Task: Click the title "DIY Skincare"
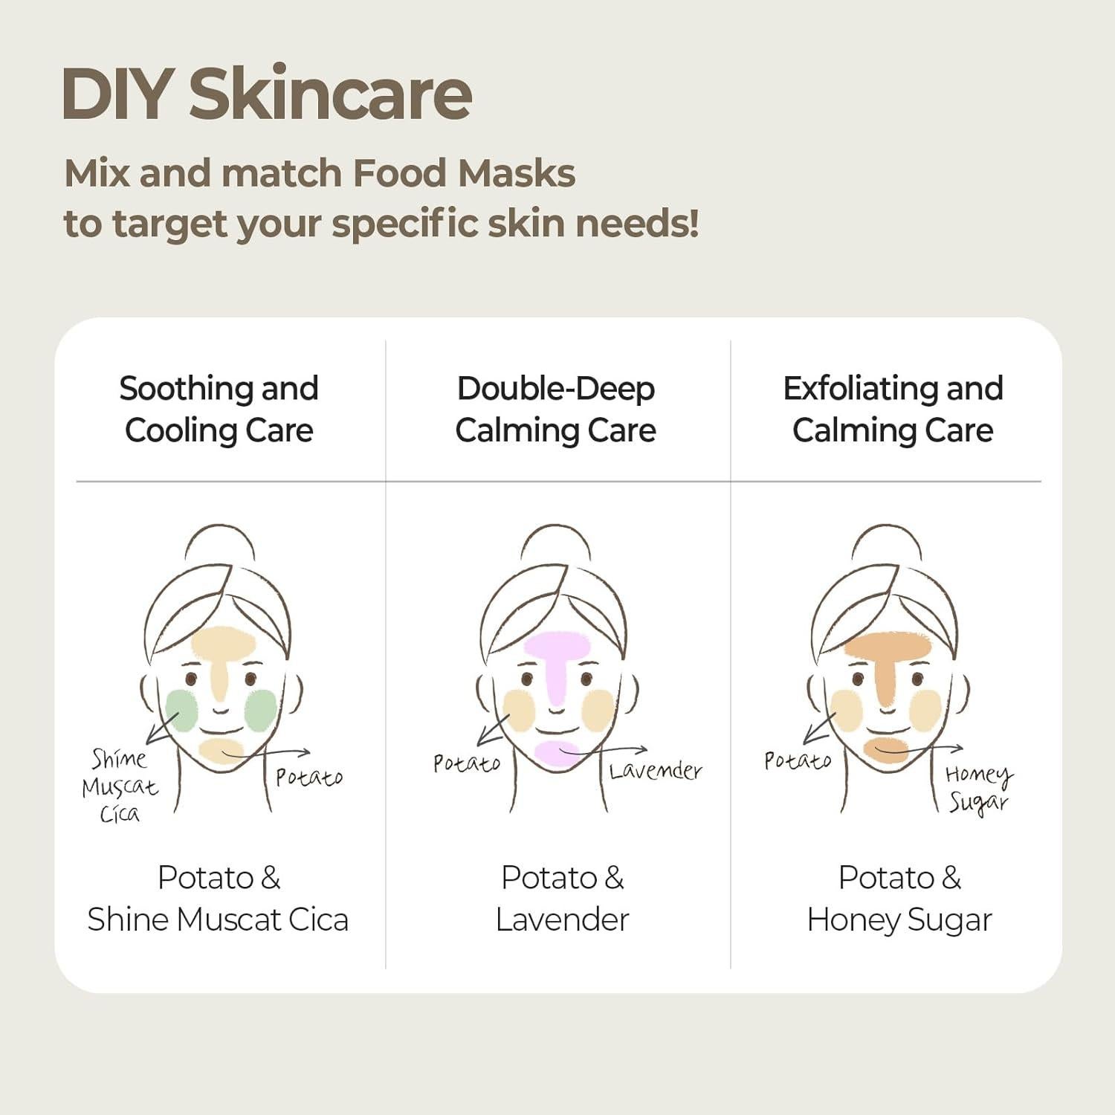pos(266,94)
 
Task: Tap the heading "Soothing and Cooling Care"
pos(219,410)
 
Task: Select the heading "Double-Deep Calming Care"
pos(556,410)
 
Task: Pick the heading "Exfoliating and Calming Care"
pos(893,410)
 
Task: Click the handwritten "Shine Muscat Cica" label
pos(120,786)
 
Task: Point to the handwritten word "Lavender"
pos(655,771)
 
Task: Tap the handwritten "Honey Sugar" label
pos(978,789)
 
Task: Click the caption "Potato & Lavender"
pos(562,898)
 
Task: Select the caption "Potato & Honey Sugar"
pos(899,898)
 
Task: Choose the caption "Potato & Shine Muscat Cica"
pos(218,898)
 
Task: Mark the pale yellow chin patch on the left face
pos(220,751)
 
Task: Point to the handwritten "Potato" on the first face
pos(308,778)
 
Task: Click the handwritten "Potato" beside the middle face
pos(467,763)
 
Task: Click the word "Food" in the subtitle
pos(398,173)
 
